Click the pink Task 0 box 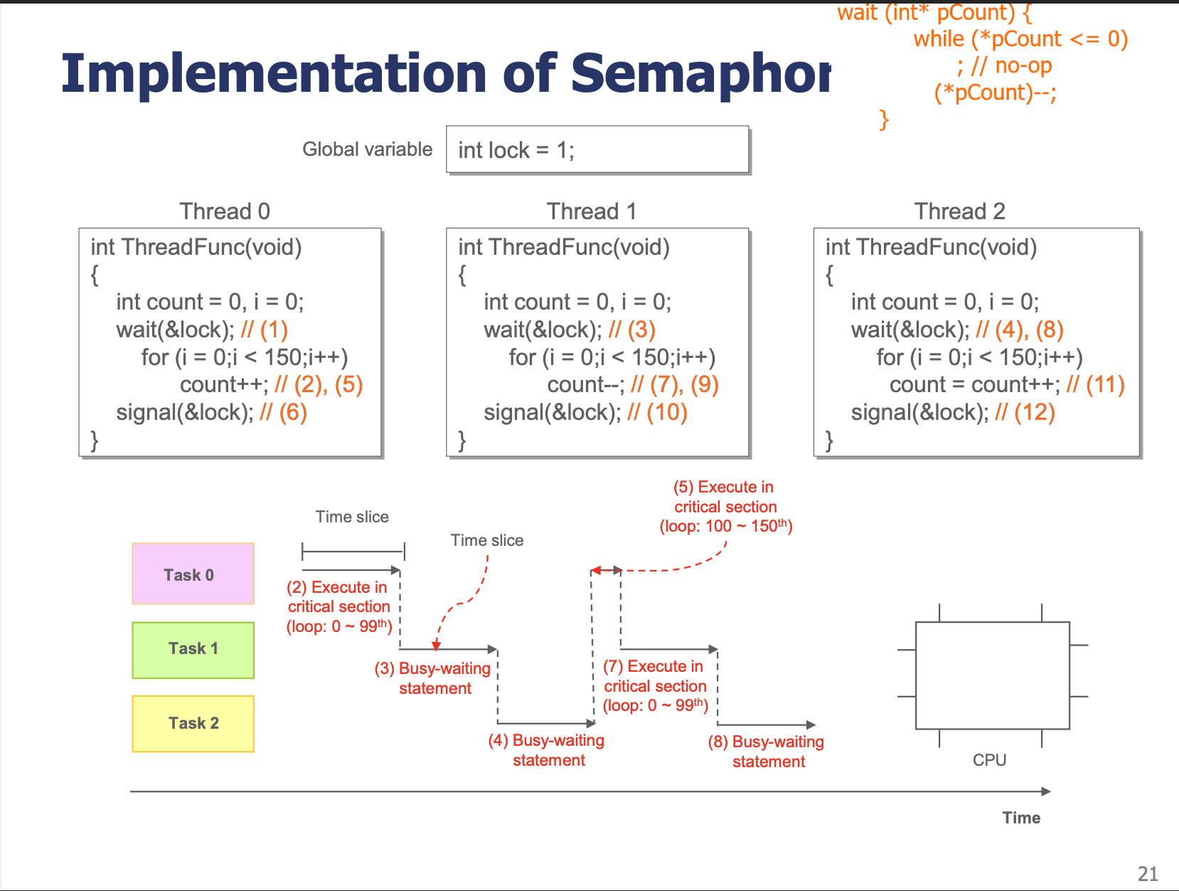[193, 574]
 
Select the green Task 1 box [193, 650]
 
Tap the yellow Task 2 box [193, 723]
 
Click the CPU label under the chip [989, 760]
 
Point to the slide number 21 [1147, 874]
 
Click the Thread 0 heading [225, 211]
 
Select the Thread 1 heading [592, 211]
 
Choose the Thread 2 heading [959, 211]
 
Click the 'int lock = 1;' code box [597, 149]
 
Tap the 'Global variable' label [368, 149]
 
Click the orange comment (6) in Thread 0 [283, 413]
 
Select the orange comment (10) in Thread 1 [658, 413]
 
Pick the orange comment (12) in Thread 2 [1025, 413]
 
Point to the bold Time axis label [1021, 818]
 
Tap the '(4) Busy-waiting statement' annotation [546, 750]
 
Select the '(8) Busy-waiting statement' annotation [766, 752]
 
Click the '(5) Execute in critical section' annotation [725, 506]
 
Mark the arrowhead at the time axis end [1046, 791]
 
